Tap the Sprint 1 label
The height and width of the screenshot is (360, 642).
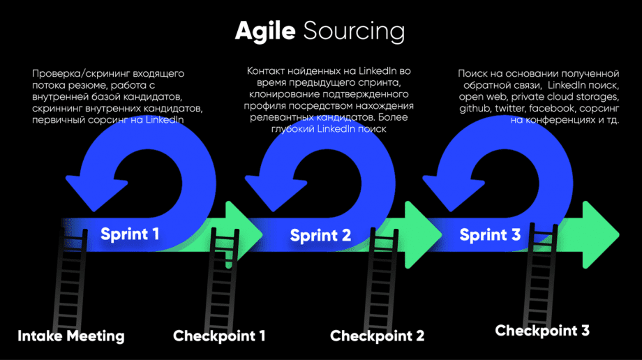click(x=130, y=234)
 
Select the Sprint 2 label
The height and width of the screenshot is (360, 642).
click(x=320, y=235)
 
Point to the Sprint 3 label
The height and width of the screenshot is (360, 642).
click(x=490, y=235)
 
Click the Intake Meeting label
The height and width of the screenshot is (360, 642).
click(x=71, y=336)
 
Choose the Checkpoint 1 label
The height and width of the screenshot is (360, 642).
click(x=219, y=336)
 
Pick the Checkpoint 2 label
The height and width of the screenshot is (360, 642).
click(x=377, y=336)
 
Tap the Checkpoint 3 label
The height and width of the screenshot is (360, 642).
click(x=542, y=330)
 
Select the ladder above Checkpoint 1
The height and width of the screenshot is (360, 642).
click(x=222, y=279)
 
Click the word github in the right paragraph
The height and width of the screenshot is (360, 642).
click(x=475, y=109)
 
